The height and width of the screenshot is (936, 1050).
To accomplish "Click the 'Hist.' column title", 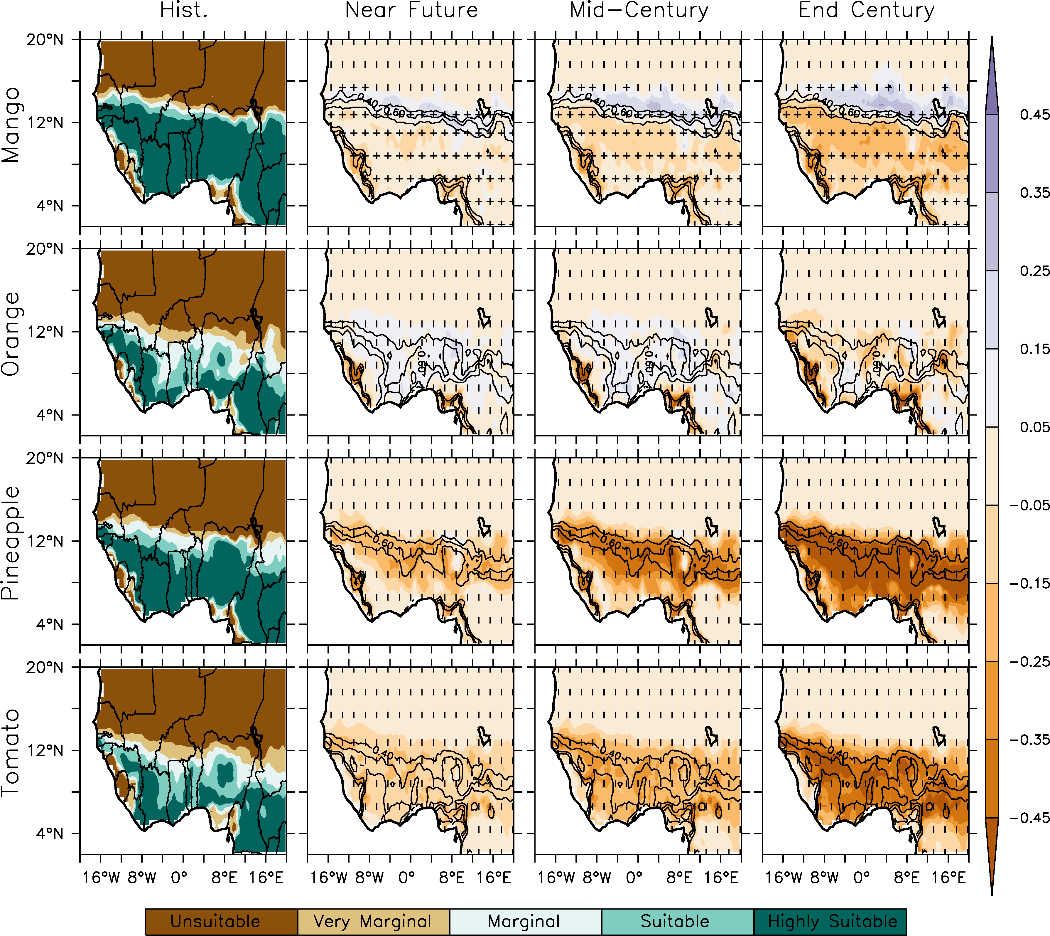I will coord(183,10).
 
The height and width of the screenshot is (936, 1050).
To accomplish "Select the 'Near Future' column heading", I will coord(411,10).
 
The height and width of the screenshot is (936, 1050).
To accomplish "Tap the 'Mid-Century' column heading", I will coord(639,10).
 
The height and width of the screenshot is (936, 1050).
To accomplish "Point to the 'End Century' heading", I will coord(867,10).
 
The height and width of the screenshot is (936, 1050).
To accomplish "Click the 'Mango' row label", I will coord(11,125).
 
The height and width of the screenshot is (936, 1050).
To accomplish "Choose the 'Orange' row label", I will coord(11,334).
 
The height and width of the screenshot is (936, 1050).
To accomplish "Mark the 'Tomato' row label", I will coord(11,753).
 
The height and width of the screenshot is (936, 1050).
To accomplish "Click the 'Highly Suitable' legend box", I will coord(830,922).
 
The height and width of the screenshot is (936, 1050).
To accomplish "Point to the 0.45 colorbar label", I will coord(1034,115).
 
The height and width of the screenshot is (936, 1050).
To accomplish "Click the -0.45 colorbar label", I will coord(1029,818).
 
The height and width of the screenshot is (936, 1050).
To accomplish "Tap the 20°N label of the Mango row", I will coord(45,40).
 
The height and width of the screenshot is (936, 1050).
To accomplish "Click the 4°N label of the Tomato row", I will coord(50,834).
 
